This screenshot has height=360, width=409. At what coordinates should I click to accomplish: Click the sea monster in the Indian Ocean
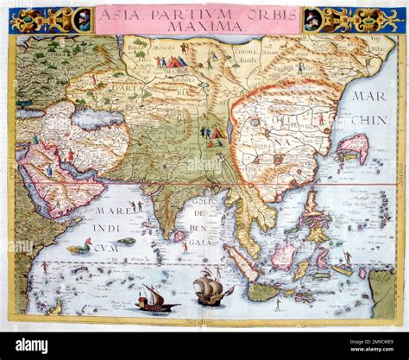[x=79, y=249]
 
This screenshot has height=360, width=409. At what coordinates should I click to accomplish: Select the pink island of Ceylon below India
[x=179, y=236]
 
